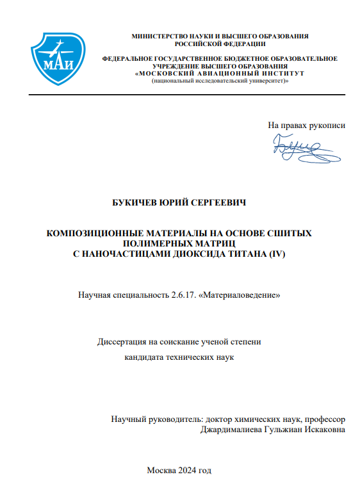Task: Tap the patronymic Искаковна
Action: point(323,430)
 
